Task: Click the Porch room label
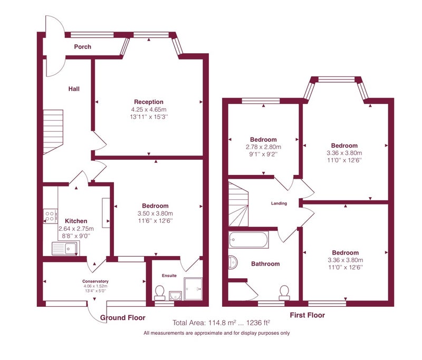[x=83, y=47]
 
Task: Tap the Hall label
[x=74, y=89]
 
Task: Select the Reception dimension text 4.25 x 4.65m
[x=149, y=110]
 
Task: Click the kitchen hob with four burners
[x=50, y=216]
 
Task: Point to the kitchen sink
[x=65, y=248]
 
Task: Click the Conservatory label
[x=95, y=281]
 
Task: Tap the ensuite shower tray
[x=193, y=289]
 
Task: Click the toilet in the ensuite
[x=160, y=293]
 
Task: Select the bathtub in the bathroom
[x=248, y=239]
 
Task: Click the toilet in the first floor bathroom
[x=284, y=293]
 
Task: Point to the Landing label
[x=279, y=203]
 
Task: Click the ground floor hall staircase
[x=53, y=132]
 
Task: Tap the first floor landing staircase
[x=238, y=204]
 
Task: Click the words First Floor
[x=308, y=315]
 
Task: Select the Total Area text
[x=221, y=323]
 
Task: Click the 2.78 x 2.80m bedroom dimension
[x=263, y=147]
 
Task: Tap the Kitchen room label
[x=76, y=221]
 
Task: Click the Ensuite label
[x=169, y=276]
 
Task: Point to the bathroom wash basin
[x=233, y=262]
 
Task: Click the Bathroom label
[x=265, y=264]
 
